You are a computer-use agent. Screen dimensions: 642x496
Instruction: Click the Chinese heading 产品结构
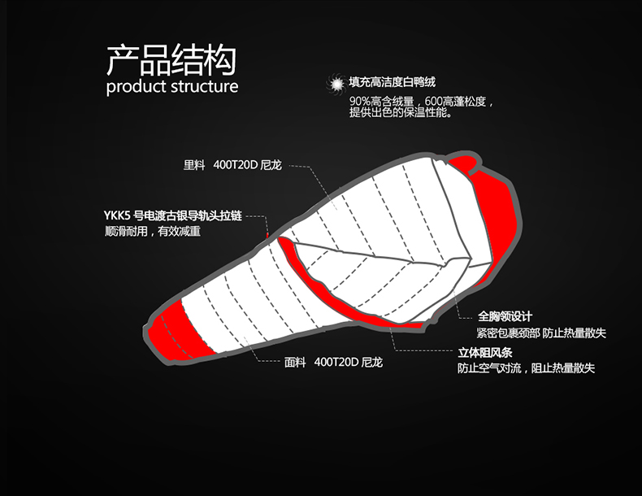(x=171, y=59)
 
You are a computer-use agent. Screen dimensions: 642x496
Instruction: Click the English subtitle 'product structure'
(x=171, y=86)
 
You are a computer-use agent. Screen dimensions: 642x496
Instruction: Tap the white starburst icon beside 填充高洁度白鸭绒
(x=334, y=83)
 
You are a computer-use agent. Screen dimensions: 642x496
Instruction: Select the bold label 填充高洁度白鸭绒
(x=393, y=82)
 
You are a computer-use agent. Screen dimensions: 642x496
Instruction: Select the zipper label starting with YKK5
(x=172, y=216)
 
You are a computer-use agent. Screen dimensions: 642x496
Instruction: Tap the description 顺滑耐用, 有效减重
(x=153, y=231)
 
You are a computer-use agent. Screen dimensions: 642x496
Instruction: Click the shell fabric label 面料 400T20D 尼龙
(x=333, y=362)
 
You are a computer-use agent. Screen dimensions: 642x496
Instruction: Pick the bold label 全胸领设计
(x=505, y=316)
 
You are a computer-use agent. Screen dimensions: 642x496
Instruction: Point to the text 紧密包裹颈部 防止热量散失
(x=540, y=333)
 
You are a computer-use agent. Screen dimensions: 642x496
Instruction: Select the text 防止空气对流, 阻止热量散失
(x=526, y=368)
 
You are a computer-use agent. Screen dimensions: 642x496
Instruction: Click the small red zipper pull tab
(x=266, y=235)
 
